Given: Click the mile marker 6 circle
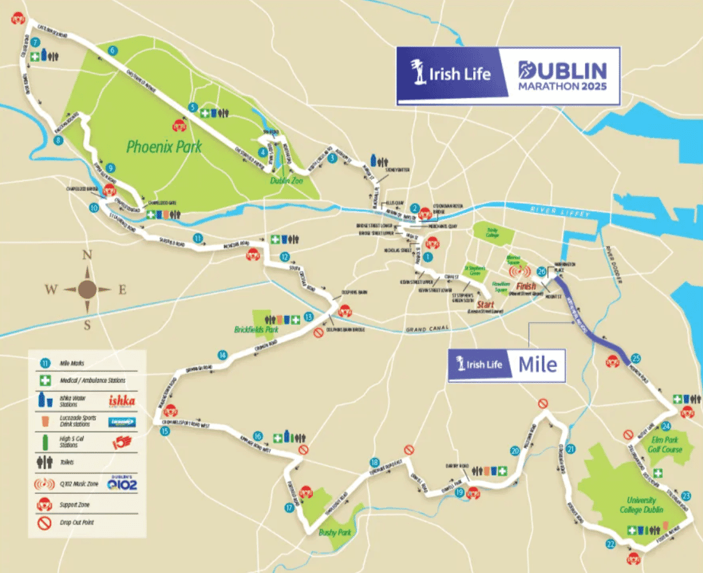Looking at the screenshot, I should (x=112, y=50).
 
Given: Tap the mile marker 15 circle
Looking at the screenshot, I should (x=165, y=431).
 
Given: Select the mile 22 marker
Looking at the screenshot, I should (x=611, y=544).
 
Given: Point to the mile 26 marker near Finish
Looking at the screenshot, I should (x=542, y=271).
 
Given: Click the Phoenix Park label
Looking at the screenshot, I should (x=164, y=147).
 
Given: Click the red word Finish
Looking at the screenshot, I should (x=525, y=286).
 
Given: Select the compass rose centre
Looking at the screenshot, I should (x=88, y=290).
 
